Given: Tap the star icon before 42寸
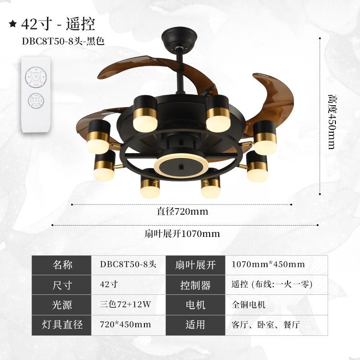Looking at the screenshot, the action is [x=13, y=23].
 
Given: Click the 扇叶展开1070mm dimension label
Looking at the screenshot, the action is [x=182, y=234].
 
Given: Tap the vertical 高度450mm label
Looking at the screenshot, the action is [x=332, y=122].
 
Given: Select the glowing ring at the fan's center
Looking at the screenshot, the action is [x=181, y=164].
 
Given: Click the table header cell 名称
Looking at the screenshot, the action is [x=63, y=265].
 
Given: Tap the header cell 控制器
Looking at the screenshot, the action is [x=195, y=285].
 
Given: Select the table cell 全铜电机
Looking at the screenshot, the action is [x=248, y=305].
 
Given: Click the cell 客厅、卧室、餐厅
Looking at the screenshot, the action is [x=266, y=325].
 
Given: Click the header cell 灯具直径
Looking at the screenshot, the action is [x=63, y=325].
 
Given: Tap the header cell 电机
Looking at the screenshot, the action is [x=195, y=305].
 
